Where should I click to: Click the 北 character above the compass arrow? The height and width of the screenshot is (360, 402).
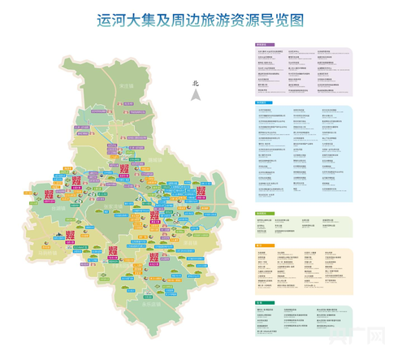pyautogui.click(x=195, y=83)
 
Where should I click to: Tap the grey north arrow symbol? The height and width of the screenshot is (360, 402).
pyautogui.click(x=195, y=95)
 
